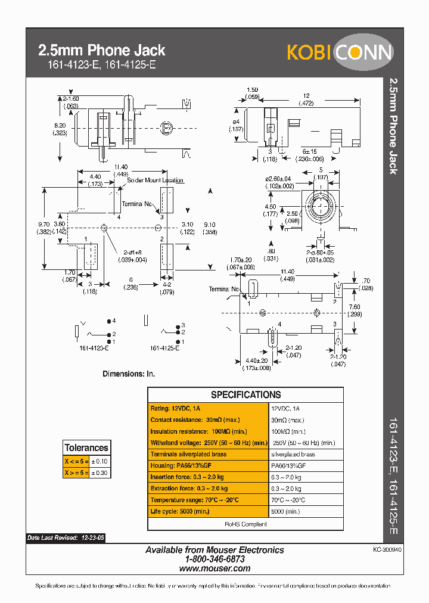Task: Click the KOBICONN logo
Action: click(340, 52)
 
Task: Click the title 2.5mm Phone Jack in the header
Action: click(101, 51)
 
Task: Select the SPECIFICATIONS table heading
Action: click(245, 394)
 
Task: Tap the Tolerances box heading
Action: click(86, 447)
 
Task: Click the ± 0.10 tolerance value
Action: click(100, 461)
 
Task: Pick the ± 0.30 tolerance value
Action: click(100, 473)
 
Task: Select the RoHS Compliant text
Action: click(245, 524)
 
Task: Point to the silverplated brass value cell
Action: click(293, 454)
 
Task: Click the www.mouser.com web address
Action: click(214, 568)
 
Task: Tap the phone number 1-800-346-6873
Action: click(214, 560)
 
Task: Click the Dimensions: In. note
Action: click(129, 374)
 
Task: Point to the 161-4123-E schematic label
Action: click(94, 348)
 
